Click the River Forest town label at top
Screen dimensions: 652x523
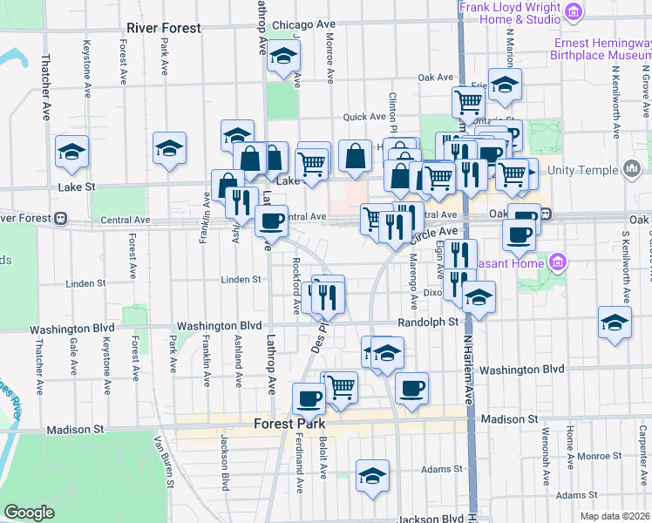pos(163,28)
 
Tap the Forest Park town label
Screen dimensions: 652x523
pos(289,425)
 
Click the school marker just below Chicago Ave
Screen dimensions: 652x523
pos(282,58)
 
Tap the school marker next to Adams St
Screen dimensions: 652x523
pos(372,476)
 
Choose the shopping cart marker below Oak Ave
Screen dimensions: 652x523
pos(469,102)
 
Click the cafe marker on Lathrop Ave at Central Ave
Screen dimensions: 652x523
pos(271,221)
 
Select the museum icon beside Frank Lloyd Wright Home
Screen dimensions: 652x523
pos(573,11)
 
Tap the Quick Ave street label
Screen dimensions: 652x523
pos(364,117)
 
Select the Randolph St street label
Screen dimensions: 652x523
pos(428,323)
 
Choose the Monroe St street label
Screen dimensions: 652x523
pos(592,456)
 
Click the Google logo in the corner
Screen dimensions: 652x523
pos(29,513)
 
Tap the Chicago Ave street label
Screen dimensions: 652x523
pos(303,24)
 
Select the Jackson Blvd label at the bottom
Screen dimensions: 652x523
pos(430,519)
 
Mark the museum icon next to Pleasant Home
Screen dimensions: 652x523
pos(558,261)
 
